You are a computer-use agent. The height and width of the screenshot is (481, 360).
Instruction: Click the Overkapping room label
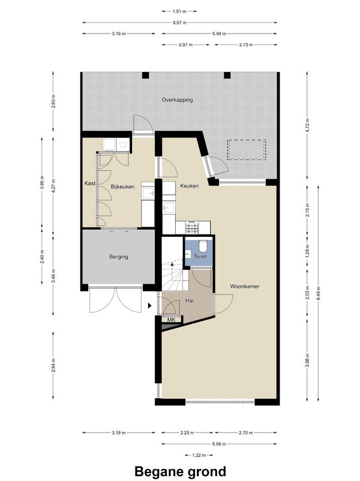click(x=178, y=100)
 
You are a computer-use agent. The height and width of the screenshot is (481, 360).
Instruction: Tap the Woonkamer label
click(x=245, y=286)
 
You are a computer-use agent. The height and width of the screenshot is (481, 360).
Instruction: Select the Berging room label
click(x=119, y=257)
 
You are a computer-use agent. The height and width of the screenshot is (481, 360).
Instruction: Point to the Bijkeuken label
click(x=122, y=187)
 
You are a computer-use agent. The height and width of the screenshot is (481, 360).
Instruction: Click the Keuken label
click(x=190, y=185)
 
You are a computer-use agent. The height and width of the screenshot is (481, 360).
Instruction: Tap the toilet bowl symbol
click(x=203, y=245)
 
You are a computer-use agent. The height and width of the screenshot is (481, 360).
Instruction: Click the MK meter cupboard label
click(x=171, y=320)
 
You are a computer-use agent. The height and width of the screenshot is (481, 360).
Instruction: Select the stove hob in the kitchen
click(x=193, y=228)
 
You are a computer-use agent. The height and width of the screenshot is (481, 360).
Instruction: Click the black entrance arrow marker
click(x=150, y=305)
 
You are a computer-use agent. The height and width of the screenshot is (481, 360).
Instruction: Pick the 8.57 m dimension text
click(x=179, y=22)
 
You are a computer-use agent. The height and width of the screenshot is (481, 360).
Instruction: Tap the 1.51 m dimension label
click(x=179, y=11)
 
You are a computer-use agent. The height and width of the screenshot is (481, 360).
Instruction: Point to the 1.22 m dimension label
click(x=199, y=455)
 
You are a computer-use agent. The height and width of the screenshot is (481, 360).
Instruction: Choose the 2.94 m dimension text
click(x=53, y=365)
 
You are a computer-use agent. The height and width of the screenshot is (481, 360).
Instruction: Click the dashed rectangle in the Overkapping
click(x=247, y=149)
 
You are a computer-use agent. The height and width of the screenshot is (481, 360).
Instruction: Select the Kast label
click(x=89, y=184)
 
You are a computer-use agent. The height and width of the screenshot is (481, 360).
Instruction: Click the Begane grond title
click(x=180, y=471)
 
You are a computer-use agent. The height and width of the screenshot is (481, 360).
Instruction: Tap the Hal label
click(x=190, y=301)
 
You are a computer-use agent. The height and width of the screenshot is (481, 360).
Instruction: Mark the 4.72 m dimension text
click(x=308, y=125)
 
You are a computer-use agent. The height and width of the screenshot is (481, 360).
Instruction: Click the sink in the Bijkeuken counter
click(x=149, y=193)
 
